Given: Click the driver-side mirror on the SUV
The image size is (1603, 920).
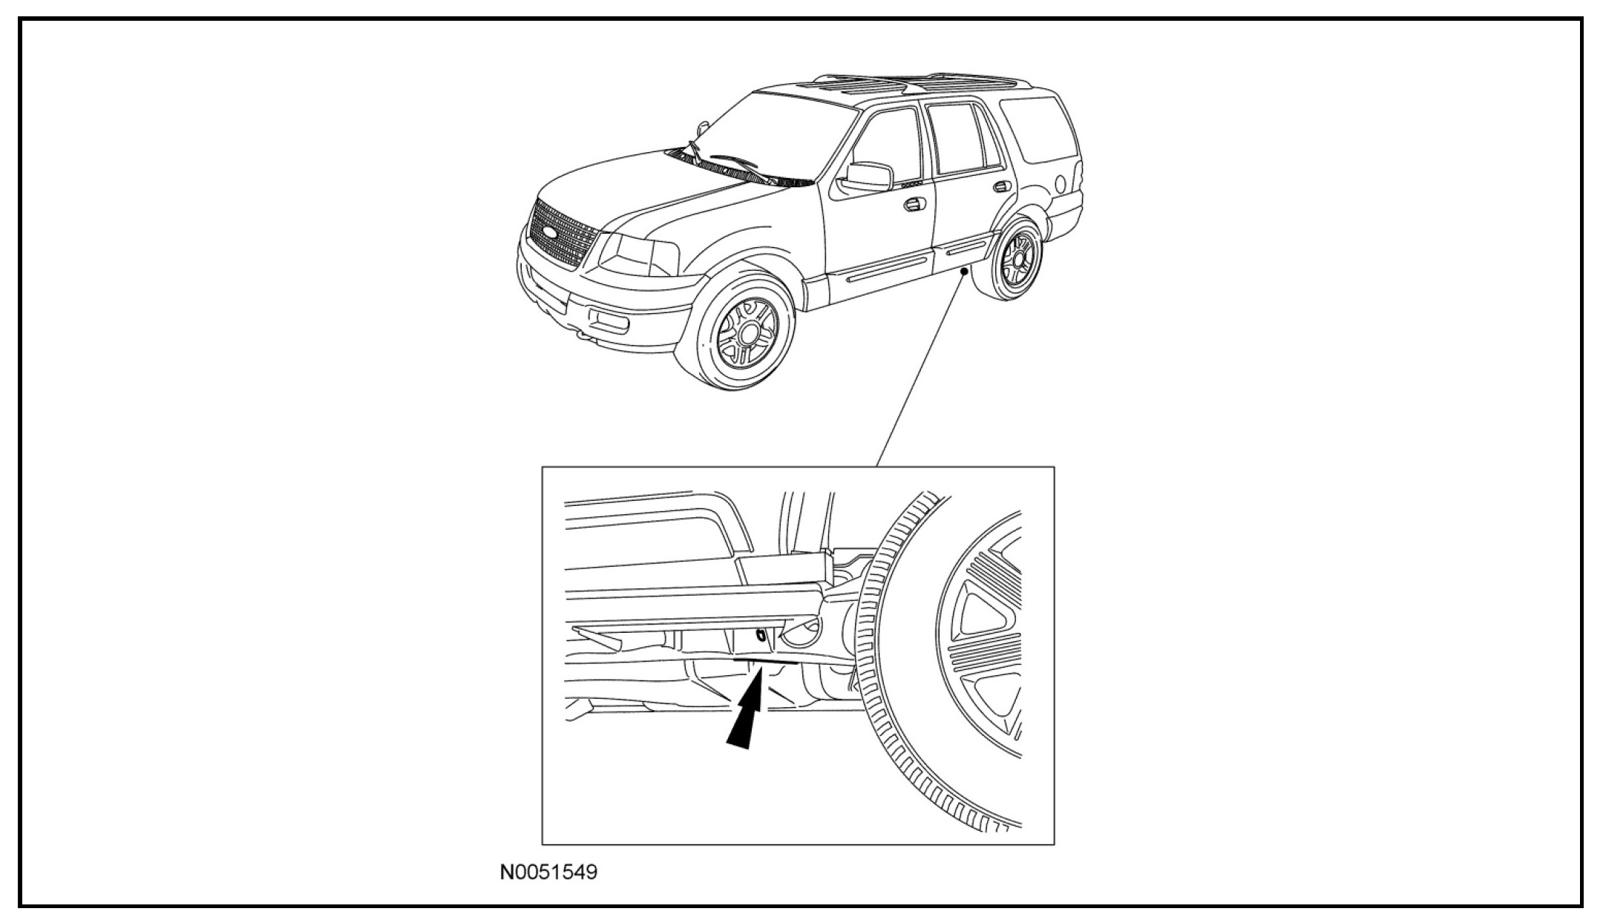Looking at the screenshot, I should [x=868, y=177].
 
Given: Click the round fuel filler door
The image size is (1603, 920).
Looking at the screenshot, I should [x=1061, y=183].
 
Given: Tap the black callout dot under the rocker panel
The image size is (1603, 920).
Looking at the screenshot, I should [x=964, y=272].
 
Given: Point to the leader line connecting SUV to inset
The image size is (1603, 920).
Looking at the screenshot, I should [x=920, y=371].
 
